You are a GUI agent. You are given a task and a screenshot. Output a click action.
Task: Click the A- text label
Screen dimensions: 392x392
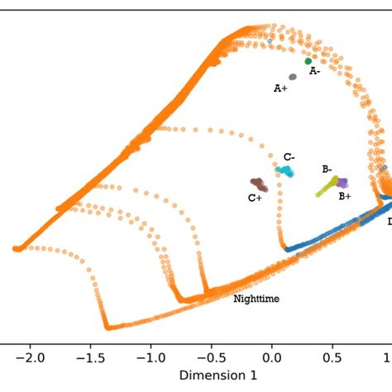pos(315,72)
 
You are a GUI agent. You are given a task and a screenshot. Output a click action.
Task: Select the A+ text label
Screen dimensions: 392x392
pos(280,88)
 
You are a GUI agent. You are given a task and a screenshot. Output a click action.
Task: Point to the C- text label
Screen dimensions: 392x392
pos(289,157)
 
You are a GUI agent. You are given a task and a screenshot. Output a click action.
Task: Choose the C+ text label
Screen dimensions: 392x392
pos(255,198)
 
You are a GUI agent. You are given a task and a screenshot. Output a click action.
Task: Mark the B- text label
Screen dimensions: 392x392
pos(327,169)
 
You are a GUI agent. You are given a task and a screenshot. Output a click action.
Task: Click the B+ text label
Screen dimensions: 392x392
pos(344,196)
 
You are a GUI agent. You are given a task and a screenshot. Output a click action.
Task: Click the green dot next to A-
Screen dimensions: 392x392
pos(308,61)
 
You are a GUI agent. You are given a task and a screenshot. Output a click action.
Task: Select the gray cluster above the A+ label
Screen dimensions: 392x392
pos(293,76)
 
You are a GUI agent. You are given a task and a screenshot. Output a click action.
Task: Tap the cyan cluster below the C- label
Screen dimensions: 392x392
pos(284,171)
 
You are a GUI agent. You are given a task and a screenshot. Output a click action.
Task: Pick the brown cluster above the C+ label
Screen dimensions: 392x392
pos(258,184)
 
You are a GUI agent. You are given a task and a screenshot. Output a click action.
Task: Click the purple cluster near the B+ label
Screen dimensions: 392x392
pos(341,183)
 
